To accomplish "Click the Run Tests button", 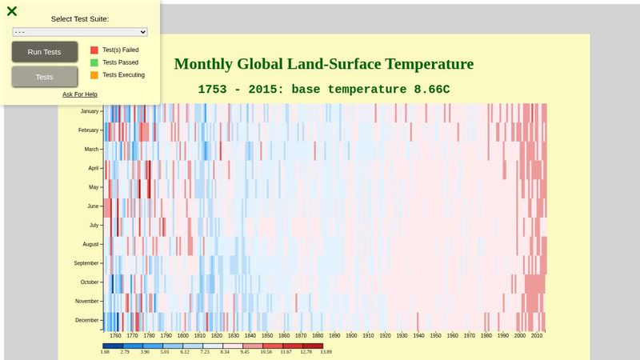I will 44,52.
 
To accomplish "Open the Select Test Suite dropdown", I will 80,32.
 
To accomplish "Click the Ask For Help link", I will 80,94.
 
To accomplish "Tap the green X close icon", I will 12,11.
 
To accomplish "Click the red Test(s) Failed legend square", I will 94,50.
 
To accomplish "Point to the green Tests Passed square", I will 94,62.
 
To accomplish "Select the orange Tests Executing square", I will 94,75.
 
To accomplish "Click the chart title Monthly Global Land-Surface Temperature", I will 323,64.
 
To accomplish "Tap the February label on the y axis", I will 88,130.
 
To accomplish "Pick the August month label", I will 90,244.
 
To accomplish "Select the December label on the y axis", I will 86,320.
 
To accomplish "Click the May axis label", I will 93,187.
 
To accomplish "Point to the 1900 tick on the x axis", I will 351,337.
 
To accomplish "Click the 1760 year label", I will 115,337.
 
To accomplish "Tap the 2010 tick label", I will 537,337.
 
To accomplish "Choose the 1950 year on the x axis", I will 436,337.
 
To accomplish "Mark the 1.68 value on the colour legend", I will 105,351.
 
